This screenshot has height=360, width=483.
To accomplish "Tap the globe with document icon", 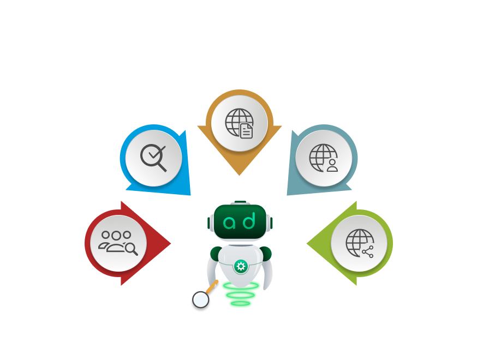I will coord(239,122).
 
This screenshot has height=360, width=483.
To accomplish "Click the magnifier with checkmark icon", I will coord(153,158).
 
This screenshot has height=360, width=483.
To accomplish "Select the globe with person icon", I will coord(324,158).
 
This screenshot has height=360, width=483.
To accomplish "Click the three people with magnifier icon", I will coord(118,243).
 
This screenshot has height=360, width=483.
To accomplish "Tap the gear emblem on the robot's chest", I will coord(240,267).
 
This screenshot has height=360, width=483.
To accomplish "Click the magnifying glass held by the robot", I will coord(201,299).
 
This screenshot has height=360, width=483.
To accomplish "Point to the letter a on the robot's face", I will coord(230,222).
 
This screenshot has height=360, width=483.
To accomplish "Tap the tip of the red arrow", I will coord(171,243).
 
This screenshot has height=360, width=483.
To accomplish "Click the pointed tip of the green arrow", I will coord(307,243).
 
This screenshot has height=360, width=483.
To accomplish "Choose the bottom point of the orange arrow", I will coord(239,175).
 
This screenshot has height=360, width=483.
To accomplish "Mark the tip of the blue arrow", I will coord(190,195).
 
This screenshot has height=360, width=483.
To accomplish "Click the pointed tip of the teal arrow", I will coord(287,195).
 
